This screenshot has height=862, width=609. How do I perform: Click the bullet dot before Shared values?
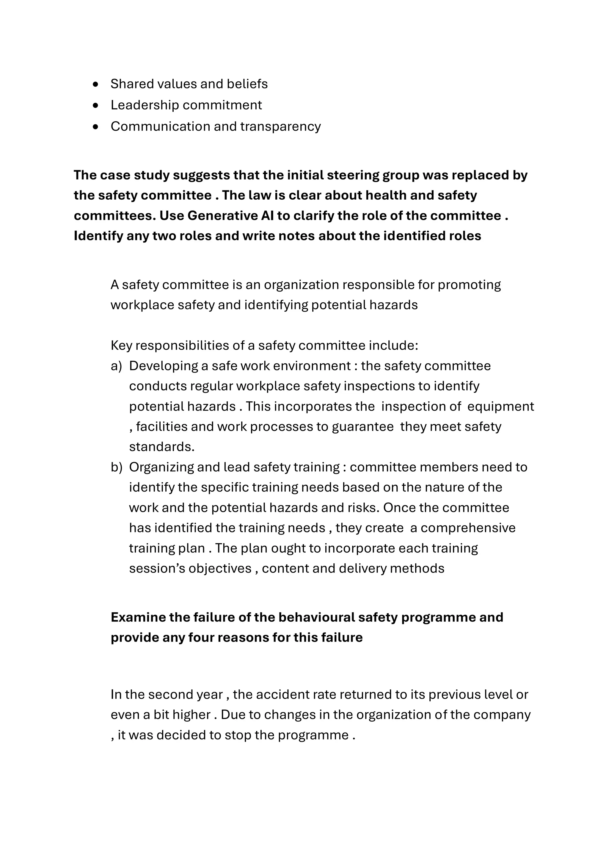[x=96, y=85]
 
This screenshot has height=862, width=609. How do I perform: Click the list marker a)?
[x=116, y=366]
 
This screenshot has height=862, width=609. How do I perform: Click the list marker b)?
[x=116, y=467]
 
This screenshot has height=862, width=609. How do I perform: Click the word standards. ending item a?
[x=162, y=447]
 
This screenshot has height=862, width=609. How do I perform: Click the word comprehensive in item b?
[x=468, y=528]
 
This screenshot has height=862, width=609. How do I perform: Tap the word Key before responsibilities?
[x=121, y=346]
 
